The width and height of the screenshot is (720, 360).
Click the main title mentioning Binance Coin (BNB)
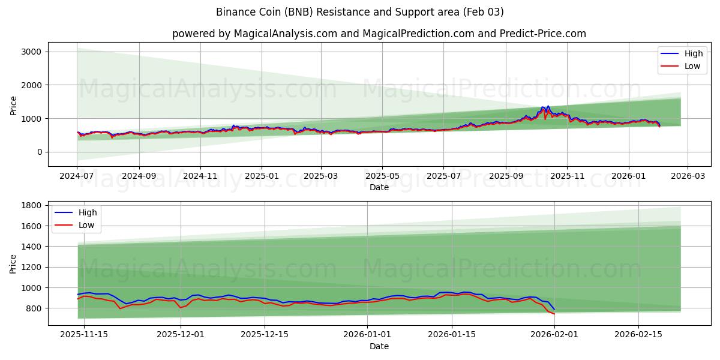pos(359,12)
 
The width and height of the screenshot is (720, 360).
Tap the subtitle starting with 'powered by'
pos(379,34)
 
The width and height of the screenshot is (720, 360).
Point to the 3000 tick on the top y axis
pos(31,52)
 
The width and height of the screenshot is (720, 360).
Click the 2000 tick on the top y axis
pos(31,85)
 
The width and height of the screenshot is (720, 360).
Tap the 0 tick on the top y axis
pos(39,152)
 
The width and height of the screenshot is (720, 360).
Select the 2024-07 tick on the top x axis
pos(77,176)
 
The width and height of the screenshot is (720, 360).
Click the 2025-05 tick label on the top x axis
pos(382,176)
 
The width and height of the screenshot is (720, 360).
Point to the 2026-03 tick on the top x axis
pos(688,176)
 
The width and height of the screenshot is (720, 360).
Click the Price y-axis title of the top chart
pos(14,104)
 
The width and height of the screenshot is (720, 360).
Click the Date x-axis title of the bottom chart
pos(379,346)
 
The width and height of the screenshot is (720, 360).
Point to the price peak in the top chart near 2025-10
pos(548,106)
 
